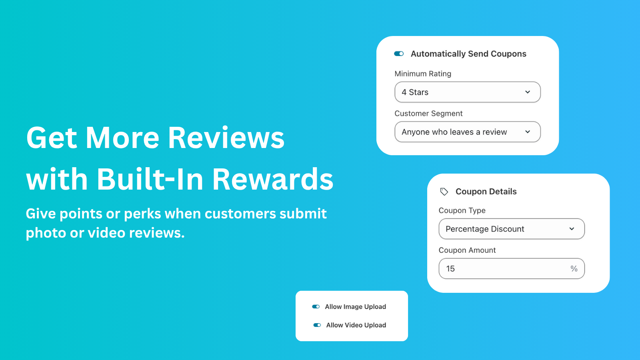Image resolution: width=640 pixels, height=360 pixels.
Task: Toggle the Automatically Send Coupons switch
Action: [x=399, y=54]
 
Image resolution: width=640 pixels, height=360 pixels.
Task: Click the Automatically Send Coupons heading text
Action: [x=468, y=54]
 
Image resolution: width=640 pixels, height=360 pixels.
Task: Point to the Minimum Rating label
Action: [x=423, y=74]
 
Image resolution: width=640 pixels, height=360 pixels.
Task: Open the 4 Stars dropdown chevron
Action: [x=528, y=92]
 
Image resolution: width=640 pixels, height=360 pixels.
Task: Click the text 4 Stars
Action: [x=415, y=92]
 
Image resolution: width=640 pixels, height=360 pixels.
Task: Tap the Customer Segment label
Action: [x=428, y=114]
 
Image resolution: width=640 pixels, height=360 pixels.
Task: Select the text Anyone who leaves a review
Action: [x=454, y=132]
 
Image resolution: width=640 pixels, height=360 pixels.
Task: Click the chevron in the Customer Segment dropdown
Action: [x=528, y=132]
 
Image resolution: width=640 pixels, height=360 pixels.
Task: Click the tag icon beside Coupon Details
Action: [x=444, y=192]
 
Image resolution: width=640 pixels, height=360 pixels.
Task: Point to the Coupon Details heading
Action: [x=486, y=192]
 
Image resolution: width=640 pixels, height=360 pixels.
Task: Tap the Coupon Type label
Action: [x=462, y=210]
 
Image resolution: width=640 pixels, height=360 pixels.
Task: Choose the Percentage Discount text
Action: [x=485, y=229]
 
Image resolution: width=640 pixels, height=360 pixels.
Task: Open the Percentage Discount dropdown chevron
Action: [x=572, y=229]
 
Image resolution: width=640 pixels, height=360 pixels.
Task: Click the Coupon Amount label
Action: [x=467, y=250]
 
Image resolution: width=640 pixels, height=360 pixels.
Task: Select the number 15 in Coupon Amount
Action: [x=450, y=269]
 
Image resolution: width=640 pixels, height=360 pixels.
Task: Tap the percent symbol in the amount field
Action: [x=574, y=269]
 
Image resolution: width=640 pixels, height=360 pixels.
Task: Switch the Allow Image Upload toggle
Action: [x=316, y=307]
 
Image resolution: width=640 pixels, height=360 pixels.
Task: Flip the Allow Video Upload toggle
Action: [x=317, y=325]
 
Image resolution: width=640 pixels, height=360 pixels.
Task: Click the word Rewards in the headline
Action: [x=272, y=179]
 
